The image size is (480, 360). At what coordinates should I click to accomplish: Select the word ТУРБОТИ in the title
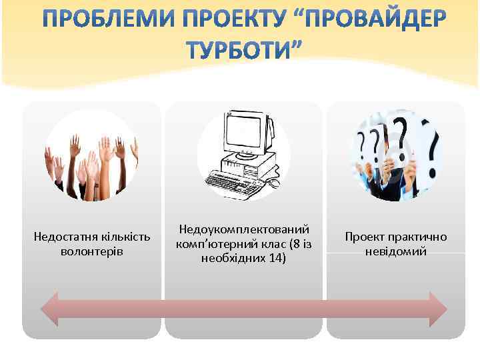pyautogui.click(x=237, y=50)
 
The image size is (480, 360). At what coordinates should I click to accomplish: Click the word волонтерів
pyautogui.click(x=92, y=251)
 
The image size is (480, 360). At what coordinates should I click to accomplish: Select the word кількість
pyautogui.click(x=126, y=237)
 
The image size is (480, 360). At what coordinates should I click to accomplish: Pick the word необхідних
pyautogui.click(x=235, y=258)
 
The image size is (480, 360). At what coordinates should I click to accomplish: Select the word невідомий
pyautogui.click(x=396, y=251)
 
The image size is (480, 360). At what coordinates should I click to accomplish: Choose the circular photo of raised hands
pyautogui.click(x=91, y=155)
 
